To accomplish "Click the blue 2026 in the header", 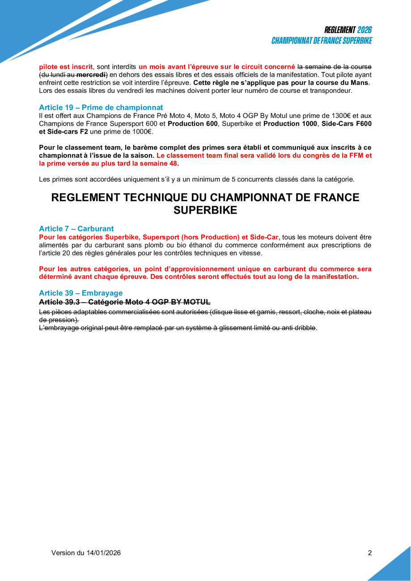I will point(364,30).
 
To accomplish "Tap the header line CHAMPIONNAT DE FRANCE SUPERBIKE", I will point(322,41).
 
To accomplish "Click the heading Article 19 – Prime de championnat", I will point(101,108).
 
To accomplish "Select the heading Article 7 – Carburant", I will point(76,229).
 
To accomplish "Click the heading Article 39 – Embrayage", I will point(81,293).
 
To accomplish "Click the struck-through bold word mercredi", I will point(91,75).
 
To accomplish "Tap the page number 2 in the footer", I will point(370,553).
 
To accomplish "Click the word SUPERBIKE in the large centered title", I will point(205,210).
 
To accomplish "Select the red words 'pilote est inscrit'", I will point(66,67).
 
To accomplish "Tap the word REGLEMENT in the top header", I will point(340,30).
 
